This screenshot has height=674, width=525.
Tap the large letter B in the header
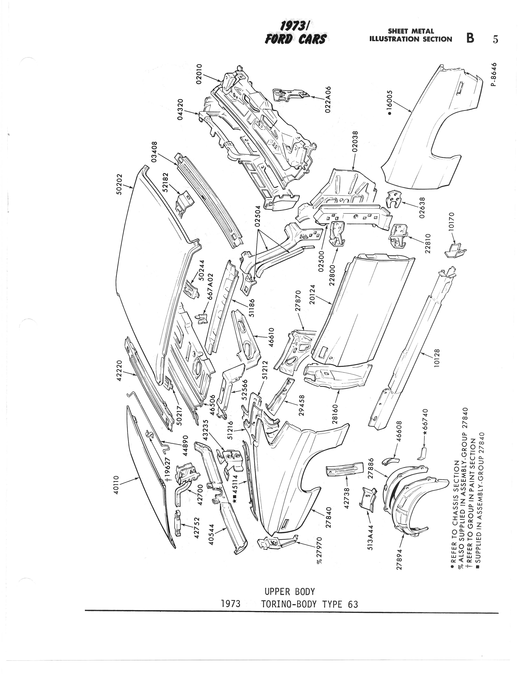pos(470,38)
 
